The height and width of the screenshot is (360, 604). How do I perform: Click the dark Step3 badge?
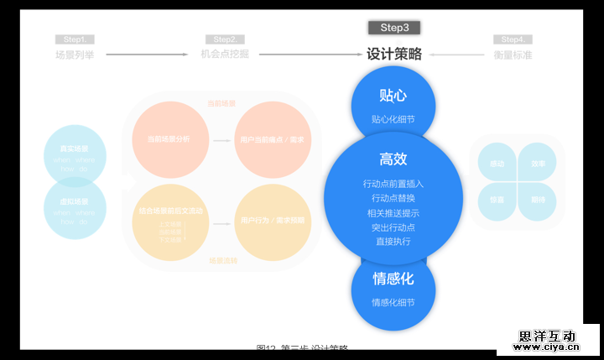pyautogui.click(x=393, y=28)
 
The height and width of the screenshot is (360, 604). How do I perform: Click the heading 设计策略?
pyautogui.click(x=394, y=54)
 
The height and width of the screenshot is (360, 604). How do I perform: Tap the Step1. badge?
pyautogui.click(x=75, y=39)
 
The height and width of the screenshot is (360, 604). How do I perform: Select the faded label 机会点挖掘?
pyautogui.click(x=224, y=55)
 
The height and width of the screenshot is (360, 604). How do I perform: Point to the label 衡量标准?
pyautogui.click(x=513, y=55)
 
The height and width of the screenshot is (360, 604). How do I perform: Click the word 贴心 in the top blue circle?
pyautogui.click(x=393, y=95)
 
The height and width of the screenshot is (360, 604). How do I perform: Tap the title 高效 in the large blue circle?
pyautogui.click(x=393, y=159)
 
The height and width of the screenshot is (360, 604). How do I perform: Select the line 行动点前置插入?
pyautogui.click(x=393, y=184)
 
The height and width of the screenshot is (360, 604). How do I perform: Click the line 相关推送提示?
pyautogui.click(x=393, y=213)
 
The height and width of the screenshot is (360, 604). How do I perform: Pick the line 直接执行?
pyautogui.click(x=393, y=242)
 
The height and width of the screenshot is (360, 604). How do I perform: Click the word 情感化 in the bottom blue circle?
pyautogui.click(x=393, y=279)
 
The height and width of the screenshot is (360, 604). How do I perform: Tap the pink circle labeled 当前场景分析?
pyautogui.click(x=168, y=139)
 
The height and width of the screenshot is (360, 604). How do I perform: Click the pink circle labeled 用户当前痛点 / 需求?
pyautogui.click(x=272, y=139)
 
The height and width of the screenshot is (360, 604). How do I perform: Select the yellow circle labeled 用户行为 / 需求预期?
pyautogui.click(x=272, y=222)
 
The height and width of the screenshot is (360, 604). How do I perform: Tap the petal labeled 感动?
pyautogui.click(x=497, y=164)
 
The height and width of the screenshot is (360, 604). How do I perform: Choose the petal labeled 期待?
pyautogui.click(x=537, y=200)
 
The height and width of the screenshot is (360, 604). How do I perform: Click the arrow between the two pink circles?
pyautogui.click(x=221, y=140)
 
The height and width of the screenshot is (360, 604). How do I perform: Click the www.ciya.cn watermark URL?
pyautogui.click(x=547, y=346)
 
